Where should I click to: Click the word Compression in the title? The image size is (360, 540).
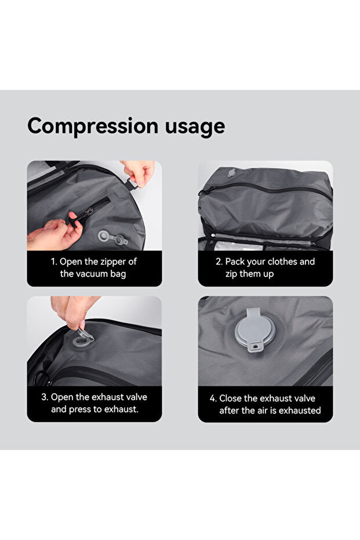pyautogui.click(x=93, y=126)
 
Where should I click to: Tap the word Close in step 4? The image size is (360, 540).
pyautogui.click(x=230, y=398)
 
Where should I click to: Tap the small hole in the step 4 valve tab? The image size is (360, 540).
pyautogui.click(x=256, y=346)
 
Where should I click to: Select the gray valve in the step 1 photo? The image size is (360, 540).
pyautogui.click(x=112, y=238)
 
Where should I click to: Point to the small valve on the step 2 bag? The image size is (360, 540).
pyautogui.click(x=231, y=172)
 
